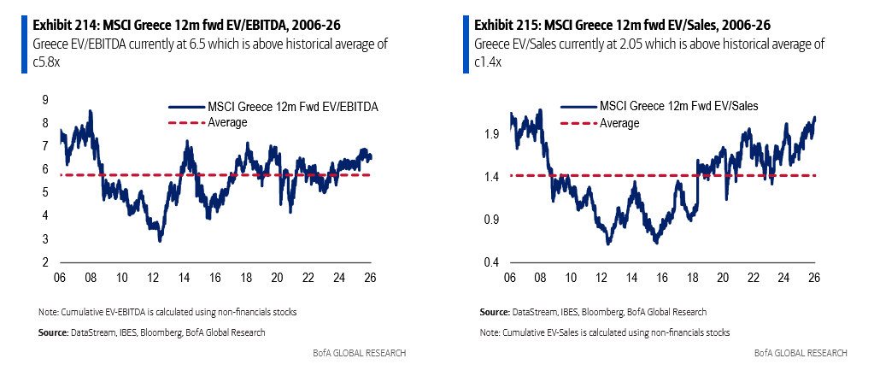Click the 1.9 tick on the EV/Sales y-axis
pos(490,134)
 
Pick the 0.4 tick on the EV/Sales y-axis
pos(490,261)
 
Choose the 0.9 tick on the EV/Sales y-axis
pos(490,219)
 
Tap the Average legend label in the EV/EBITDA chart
pos(227,122)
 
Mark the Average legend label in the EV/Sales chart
pos(619,122)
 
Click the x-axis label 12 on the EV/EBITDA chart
pos(154,278)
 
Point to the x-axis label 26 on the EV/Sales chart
pos(815,278)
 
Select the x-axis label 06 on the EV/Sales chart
pos(509,278)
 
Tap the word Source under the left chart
pos(52,332)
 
